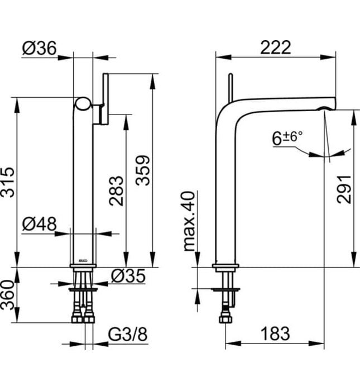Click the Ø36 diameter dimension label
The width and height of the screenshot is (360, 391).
click(40, 49)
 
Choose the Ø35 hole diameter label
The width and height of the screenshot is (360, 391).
click(128, 275)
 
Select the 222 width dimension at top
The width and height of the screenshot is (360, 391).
click(275, 47)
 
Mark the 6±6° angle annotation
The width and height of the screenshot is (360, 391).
click(287, 138)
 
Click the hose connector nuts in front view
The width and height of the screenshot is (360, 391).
click(84, 320)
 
